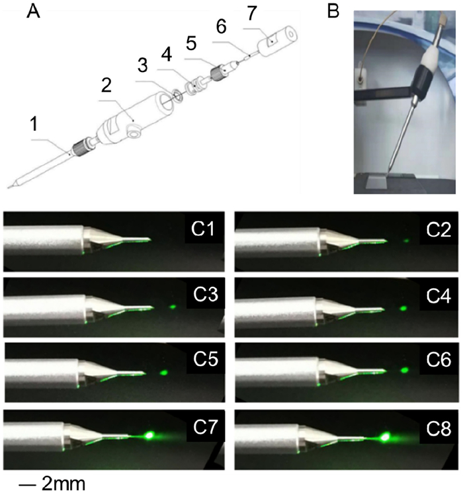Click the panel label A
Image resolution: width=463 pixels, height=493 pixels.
(33, 12)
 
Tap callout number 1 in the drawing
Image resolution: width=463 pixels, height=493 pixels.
(34, 124)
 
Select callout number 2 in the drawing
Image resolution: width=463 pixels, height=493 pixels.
(106, 85)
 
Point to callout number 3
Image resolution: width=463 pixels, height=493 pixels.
(143, 65)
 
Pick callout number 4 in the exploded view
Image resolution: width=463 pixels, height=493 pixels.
(167, 54)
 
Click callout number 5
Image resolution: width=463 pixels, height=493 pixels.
(191, 43)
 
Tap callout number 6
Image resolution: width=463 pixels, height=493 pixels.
(222, 26)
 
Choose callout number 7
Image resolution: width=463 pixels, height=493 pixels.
(251, 13)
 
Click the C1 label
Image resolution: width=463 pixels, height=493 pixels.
(203, 229)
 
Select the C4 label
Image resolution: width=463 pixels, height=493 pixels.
(439, 296)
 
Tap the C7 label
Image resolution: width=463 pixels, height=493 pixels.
(205, 427)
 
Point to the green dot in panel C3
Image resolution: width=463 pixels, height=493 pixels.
(173, 307)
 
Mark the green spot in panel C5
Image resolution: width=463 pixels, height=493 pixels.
(163, 373)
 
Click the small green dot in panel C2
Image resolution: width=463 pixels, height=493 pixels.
(406, 241)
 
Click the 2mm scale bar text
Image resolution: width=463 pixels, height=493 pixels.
(63, 484)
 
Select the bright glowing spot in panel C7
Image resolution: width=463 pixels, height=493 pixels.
(149, 436)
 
